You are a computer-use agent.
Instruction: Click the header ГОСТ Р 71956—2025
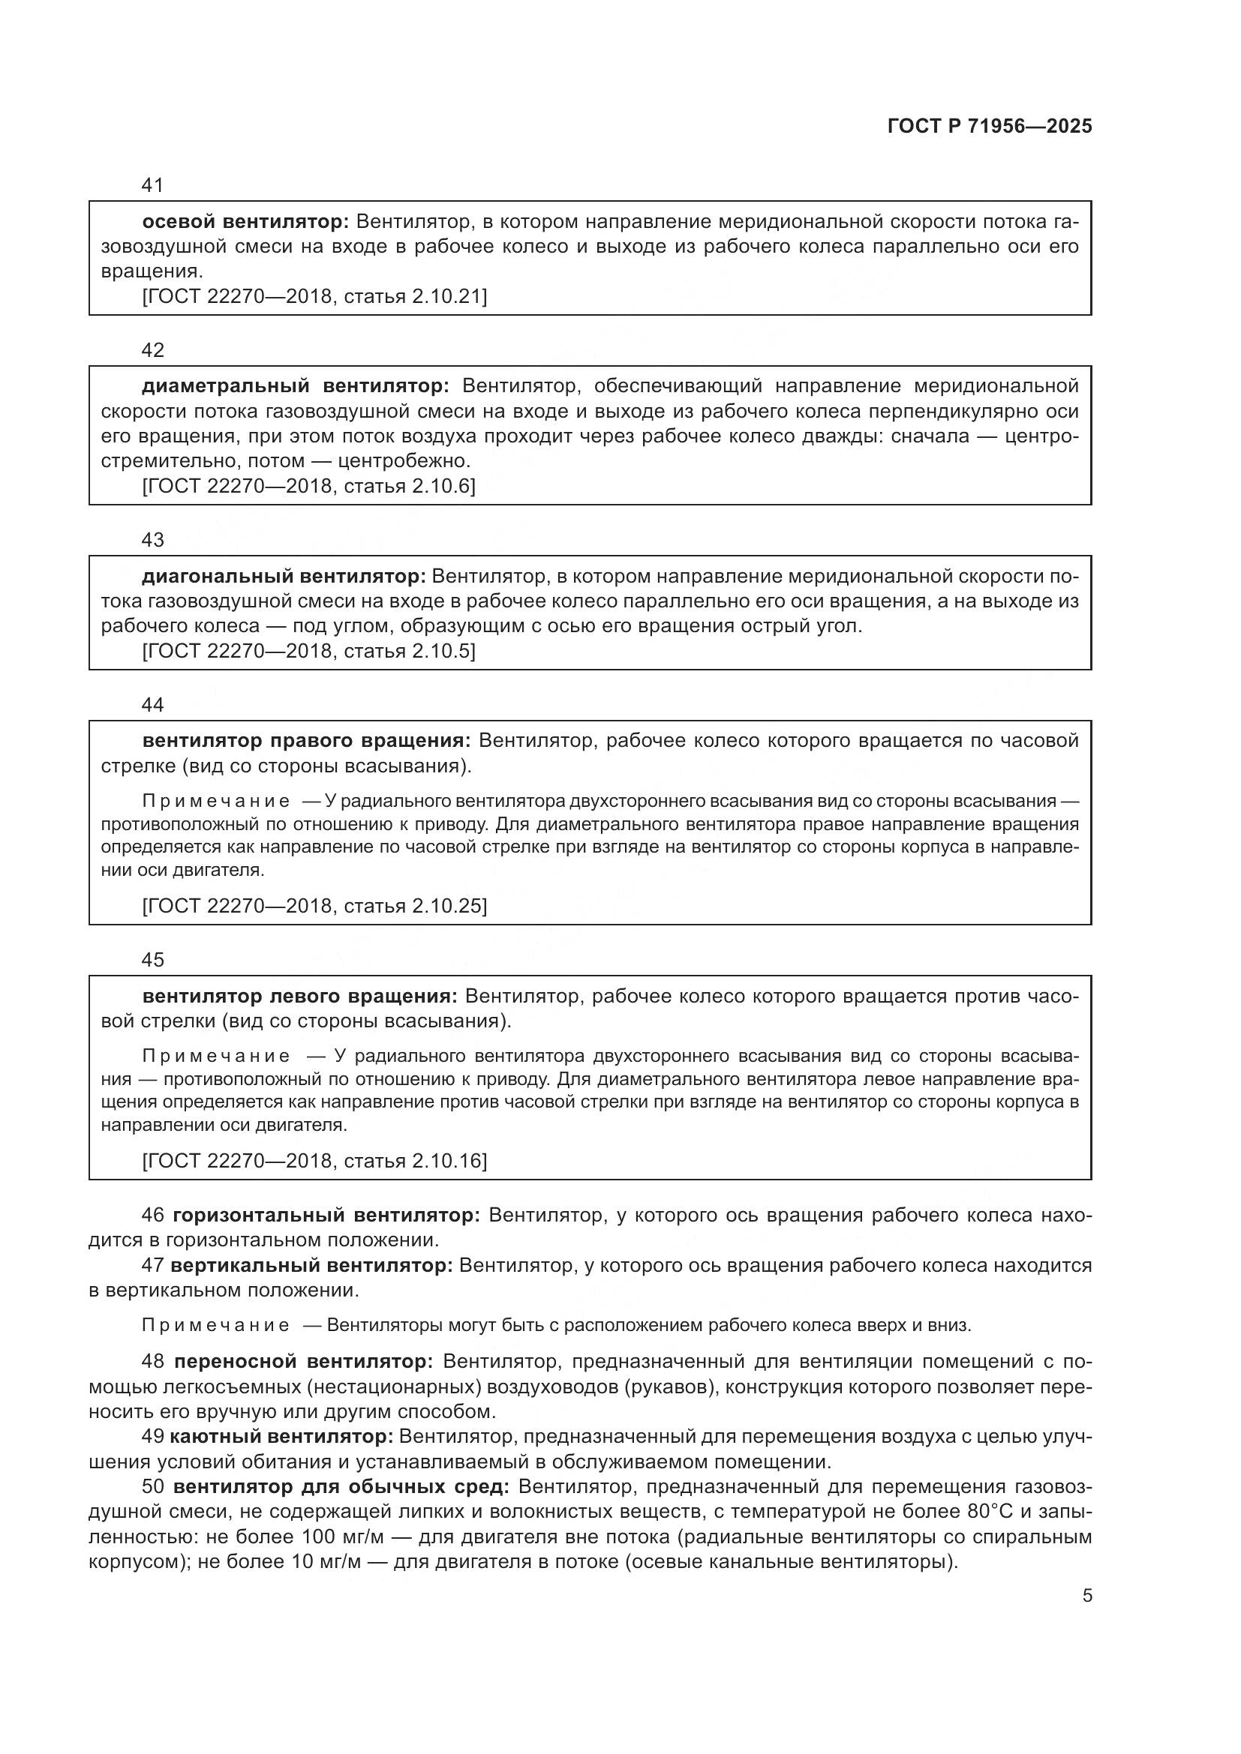[x=990, y=127]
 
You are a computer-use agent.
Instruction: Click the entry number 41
[x=153, y=185]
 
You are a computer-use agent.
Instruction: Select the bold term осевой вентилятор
[x=245, y=222]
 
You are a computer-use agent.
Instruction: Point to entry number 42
[x=153, y=350]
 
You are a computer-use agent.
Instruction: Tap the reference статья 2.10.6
[x=409, y=487]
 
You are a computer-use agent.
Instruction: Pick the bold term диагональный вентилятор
[x=284, y=576]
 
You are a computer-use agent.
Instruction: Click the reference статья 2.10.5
[x=409, y=651]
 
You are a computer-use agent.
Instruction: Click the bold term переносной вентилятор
[x=303, y=1362]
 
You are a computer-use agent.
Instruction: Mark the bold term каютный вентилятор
[x=281, y=1437]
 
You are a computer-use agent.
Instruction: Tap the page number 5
[x=1087, y=1596]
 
